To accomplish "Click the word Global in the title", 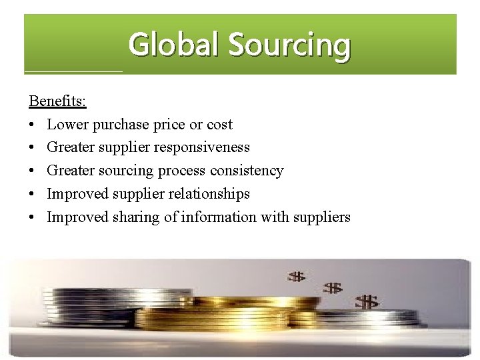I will pyautogui.click(x=175, y=45).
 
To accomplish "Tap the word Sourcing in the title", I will pyautogui.click(x=289, y=45).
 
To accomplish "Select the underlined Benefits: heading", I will pyautogui.click(x=57, y=101).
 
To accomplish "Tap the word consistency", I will pyautogui.click(x=247, y=171).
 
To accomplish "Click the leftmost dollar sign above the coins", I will pyautogui.click(x=296, y=276).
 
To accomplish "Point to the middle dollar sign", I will pyautogui.click(x=333, y=288).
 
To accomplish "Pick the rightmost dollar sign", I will pyautogui.click(x=367, y=302).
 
